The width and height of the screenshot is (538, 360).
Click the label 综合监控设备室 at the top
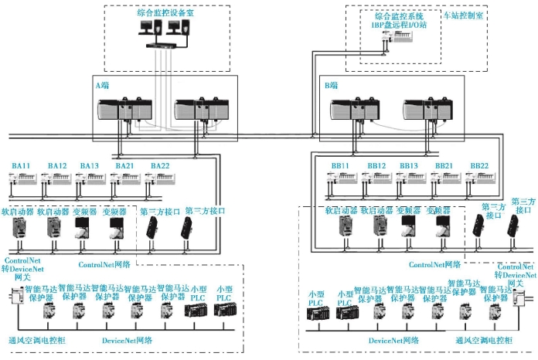click(164, 12)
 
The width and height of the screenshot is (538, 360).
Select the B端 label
click(331, 83)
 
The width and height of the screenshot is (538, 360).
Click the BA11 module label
click(21, 166)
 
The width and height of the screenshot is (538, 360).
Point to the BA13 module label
click(89, 166)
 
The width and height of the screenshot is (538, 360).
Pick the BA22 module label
click(159, 166)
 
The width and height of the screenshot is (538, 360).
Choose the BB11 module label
click(339, 166)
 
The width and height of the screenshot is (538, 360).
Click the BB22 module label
click(479, 166)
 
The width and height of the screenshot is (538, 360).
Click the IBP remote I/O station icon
click(400, 46)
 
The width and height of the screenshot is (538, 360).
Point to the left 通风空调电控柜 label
click(36, 340)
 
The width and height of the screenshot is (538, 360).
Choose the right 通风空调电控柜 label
click(485, 340)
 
